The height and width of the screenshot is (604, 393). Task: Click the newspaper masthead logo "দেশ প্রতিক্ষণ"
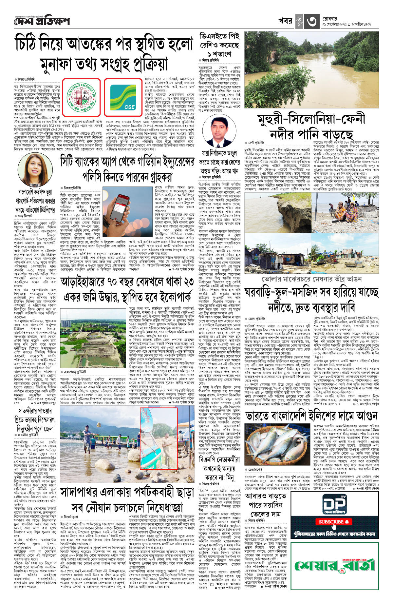pyautogui.click(x=42, y=21)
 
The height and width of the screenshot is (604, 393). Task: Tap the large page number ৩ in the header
pyautogui.click(x=311, y=22)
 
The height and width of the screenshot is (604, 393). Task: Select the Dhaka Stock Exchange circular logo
pyautogui.click(x=82, y=97)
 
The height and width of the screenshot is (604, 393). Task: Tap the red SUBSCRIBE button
pyautogui.click(x=334, y=522)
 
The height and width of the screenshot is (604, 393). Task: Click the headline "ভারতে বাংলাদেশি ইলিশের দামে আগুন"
pyautogui.click(x=312, y=416)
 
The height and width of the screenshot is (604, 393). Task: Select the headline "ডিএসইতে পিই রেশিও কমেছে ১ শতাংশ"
pyautogui.click(x=219, y=45)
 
